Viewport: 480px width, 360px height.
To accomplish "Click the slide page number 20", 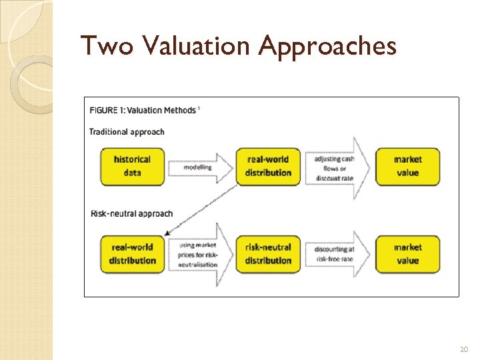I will (x=464, y=349).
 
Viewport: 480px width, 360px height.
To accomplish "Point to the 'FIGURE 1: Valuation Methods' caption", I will (x=144, y=110).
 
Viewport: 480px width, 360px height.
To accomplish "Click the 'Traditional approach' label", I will (x=127, y=131).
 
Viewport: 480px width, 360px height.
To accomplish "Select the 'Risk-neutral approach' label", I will (x=131, y=213).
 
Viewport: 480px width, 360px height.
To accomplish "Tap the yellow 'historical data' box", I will (x=132, y=166).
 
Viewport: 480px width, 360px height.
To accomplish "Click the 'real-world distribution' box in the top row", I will (x=269, y=166).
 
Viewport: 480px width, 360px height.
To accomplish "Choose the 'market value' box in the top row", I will (x=407, y=166).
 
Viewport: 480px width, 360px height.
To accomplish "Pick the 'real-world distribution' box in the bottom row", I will (x=132, y=254).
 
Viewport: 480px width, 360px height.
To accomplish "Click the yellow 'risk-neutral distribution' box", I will (x=269, y=254).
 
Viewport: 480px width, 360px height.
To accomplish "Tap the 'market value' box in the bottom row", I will (x=407, y=254).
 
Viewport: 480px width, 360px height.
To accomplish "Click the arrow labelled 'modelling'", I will (x=200, y=167).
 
